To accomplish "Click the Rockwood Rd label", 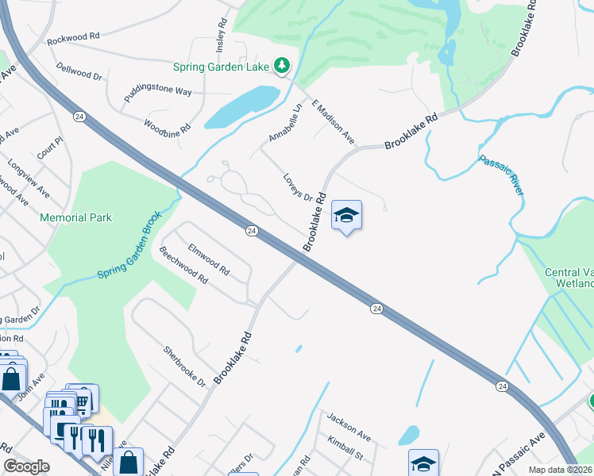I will tap(73, 36).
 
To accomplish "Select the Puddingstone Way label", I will tap(157, 91).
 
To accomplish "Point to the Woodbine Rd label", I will tap(167, 126).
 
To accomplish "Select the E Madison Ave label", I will tap(334, 121).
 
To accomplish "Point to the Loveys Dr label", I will tap(297, 186).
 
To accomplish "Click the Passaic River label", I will tap(501, 175).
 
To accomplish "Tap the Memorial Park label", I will tap(76, 217).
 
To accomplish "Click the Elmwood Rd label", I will tap(208, 259).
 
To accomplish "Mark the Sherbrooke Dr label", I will tap(185, 366).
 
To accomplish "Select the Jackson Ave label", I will tap(349, 426).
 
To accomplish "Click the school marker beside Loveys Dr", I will tap(346, 216).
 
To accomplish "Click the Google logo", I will tap(27, 467).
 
